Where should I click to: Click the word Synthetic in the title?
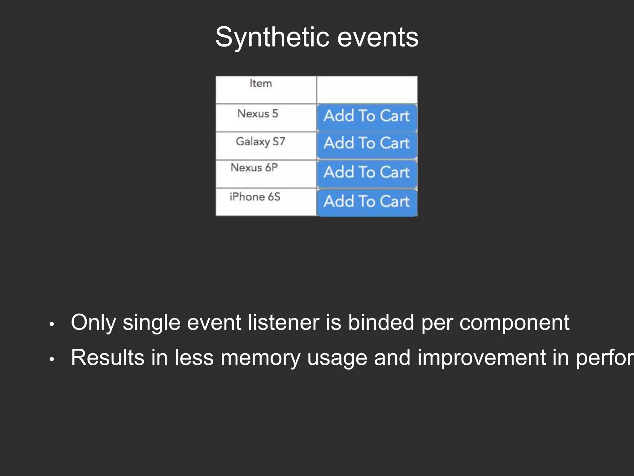click(272, 37)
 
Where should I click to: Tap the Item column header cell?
click(266, 90)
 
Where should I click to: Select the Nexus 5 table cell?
click(266, 118)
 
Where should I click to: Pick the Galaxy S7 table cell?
click(266, 146)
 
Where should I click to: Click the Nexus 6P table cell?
click(266, 174)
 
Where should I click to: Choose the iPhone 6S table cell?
click(266, 202)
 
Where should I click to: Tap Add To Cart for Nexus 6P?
click(367, 173)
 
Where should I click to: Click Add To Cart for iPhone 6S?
click(367, 202)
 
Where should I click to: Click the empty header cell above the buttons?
click(367, 90)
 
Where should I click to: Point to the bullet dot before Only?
click(52, 324)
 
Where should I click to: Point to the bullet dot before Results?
click(52, 359)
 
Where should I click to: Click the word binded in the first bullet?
click(381, 323)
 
